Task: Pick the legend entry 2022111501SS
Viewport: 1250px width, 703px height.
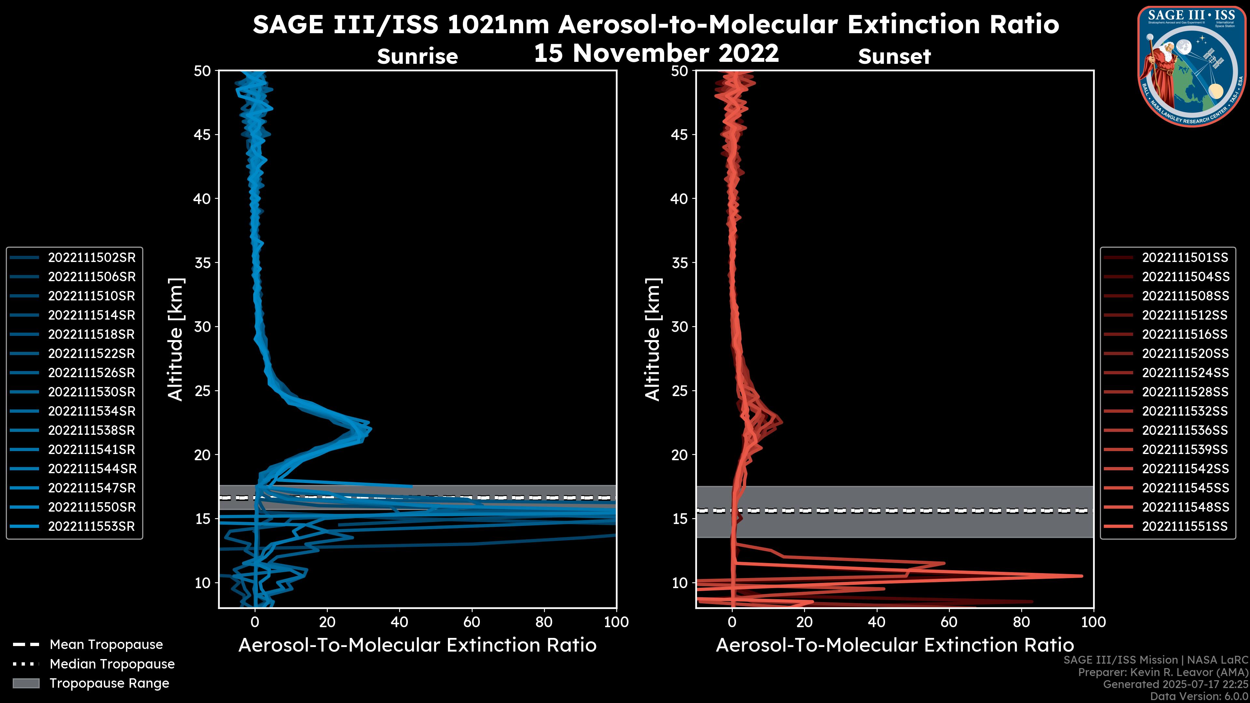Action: pyautogui.click(x=1185, y=258)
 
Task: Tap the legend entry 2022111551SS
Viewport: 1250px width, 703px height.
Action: pyautogui.click(x=1185, y=526)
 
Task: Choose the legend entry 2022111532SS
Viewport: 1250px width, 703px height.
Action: pyautogui.click(x=1185, y=411)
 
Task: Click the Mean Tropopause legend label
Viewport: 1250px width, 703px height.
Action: pyautogui.click(x=106, y=645)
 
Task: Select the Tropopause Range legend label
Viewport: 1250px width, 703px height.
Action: pyautogui.click(x=109, y=683)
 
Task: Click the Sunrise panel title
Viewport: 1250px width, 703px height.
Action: pyautogui.click(x=417, y=57)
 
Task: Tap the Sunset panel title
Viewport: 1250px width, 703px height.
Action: pyautogui.click(x=894, y=57)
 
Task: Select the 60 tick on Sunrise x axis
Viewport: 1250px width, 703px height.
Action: pyautogui.click(x=472, y=622)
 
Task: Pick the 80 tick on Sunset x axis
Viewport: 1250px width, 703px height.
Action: pyautogui.click(x=1021, y=622)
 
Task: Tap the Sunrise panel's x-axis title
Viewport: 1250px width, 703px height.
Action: pyautogui.click(x=417, y=645)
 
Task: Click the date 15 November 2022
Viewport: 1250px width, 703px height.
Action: pyautogui.click(x=656, y=53)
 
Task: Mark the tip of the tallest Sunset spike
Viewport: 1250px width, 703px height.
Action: pyautogui.click(x=1082, y=576)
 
